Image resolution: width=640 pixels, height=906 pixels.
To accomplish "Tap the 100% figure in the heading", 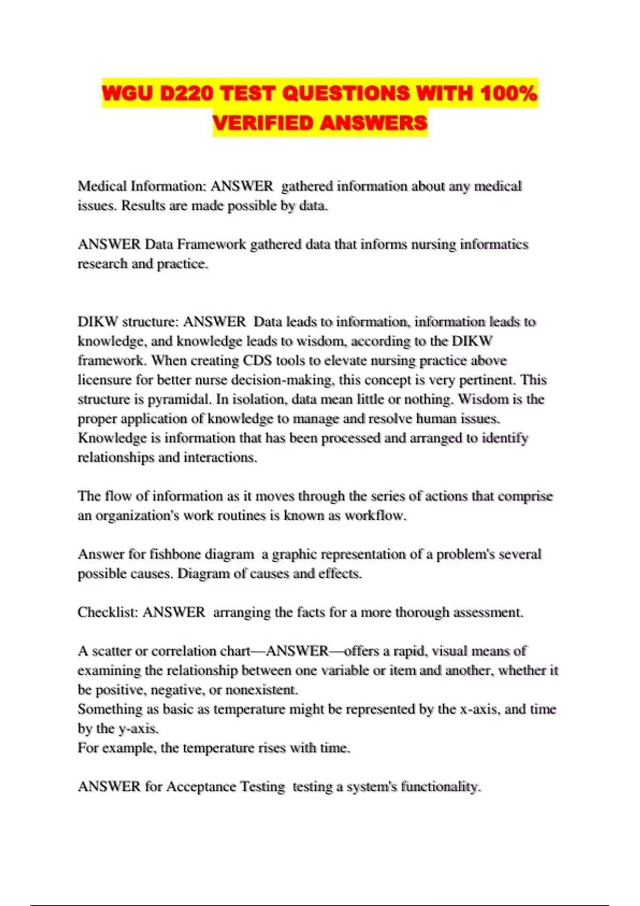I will pos(508,93).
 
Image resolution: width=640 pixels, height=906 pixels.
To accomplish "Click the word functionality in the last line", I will pos(441,787).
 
